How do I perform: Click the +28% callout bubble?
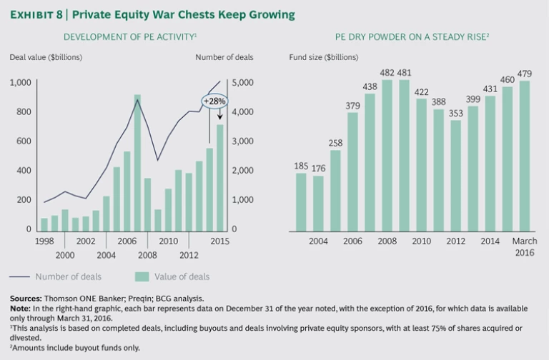click(x=214, y=101)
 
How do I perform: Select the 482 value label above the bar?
click(x=387, y=73)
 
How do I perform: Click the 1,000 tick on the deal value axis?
click(x=21, y=83)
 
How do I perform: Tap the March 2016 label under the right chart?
click(x=525, y=247)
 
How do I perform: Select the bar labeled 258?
click(x=335, y=190)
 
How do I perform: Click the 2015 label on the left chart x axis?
click(x=219, y=241)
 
